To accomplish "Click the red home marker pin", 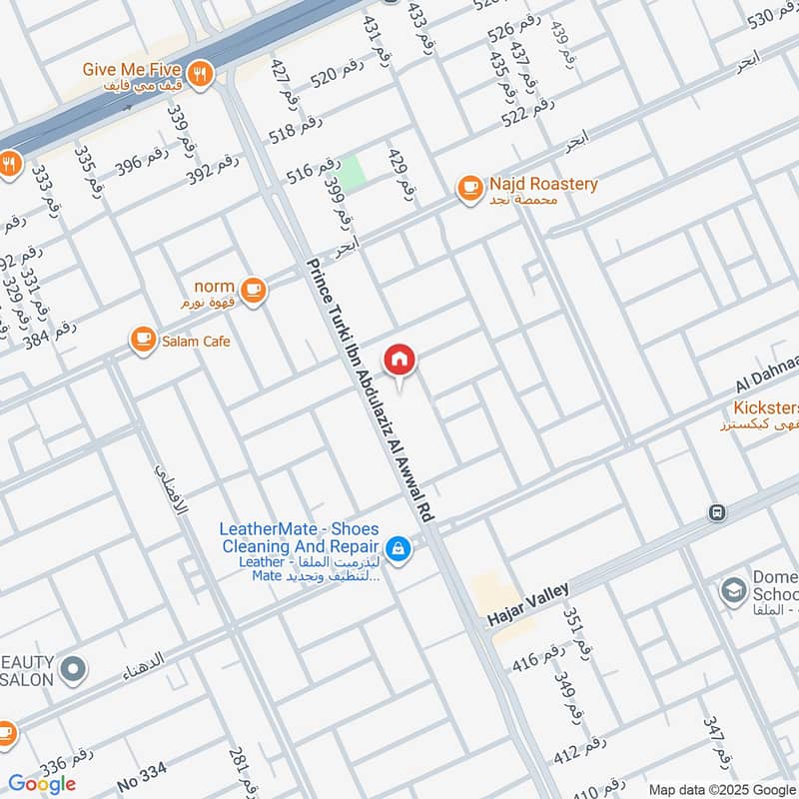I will coord(399,360).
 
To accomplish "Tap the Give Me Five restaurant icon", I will coord(201,76).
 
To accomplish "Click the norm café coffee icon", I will coord(254,291).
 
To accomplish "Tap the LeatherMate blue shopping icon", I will coord(399,548).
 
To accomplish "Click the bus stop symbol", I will coord(716,512).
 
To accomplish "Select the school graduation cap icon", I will coord(734,590).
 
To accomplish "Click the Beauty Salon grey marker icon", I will coord(72,670).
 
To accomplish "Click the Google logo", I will coord(43,784).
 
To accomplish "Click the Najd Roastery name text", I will coord(543,184).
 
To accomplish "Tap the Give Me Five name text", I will coord(132,70).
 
